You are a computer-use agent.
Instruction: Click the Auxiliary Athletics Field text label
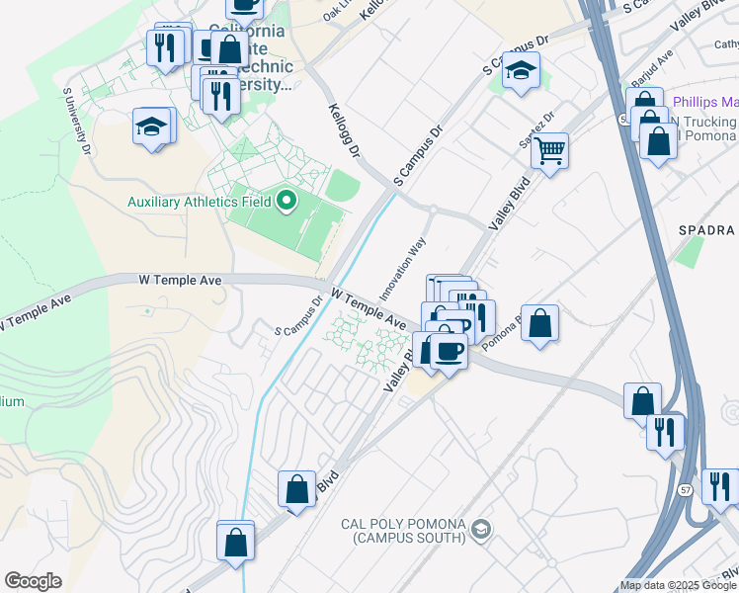pyautogui.click(x=199, y=203)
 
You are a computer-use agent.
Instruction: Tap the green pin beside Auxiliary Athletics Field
pyautogui.click(x=287, y=202)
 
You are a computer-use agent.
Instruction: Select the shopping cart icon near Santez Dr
pyautogui.click(x=549, y=151)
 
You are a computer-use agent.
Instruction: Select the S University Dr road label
pyautogui.click(x=77, y=122)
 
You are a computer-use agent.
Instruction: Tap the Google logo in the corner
pyautogui.click(x=33, y=581)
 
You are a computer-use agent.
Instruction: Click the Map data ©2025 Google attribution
pyautogui.click(x=677, y=585)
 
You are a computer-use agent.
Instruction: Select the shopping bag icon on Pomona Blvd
pyautogui.click(x=539, y=323)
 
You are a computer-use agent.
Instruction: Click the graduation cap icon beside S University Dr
pyautogui.click(x=152, y=127)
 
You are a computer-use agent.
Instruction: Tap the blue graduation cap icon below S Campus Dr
pyautogui.click(x=520, y=70)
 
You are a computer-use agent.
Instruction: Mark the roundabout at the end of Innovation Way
pyautogui.click(x=432, y=208)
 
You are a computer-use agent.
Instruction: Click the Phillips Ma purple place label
pyautogui.click(x=704, y=103)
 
